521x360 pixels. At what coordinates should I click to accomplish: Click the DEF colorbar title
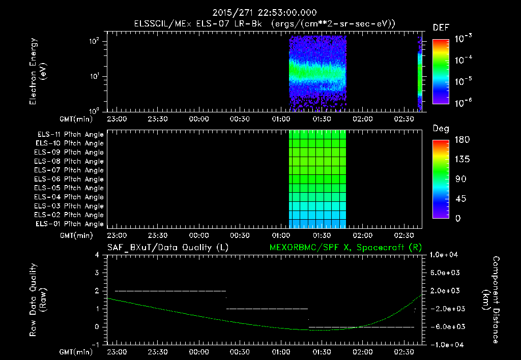pyautogui.click(x=441, y=27)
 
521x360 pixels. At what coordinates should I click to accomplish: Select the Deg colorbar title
pyautogui.click(x=441, y=129)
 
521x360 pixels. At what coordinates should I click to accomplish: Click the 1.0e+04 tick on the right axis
pyautogui.click(x=445, y=255)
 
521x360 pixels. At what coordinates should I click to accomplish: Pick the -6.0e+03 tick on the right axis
pyautogui.click(x=445, y=326)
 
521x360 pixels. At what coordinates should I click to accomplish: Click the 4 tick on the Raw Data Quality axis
pyautogui.click(x=98, y=255)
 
